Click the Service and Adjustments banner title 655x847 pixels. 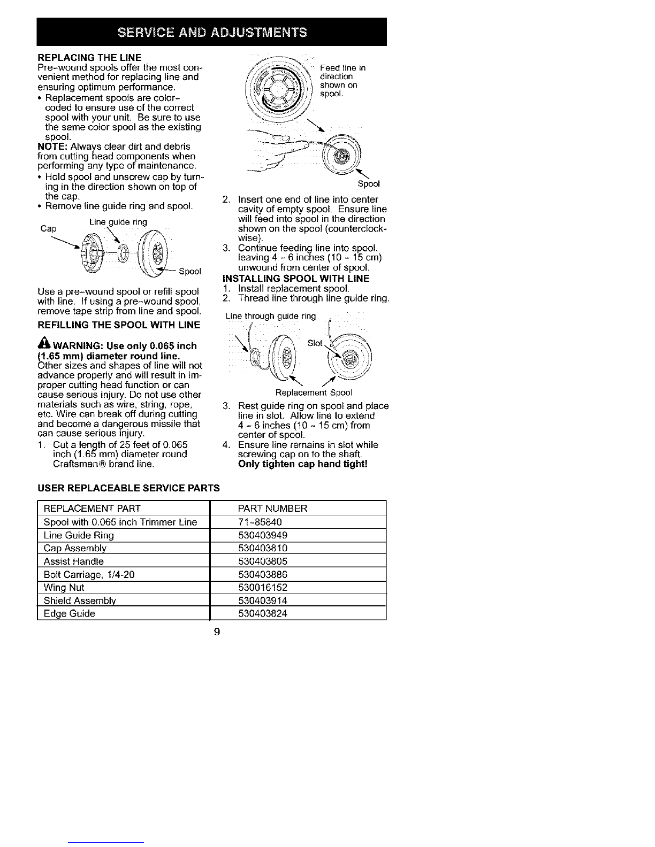pyautogui.click(x=211, y=32)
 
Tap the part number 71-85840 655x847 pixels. pyautogui.click(x=260, y=522)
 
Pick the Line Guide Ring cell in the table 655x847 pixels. pyautogui.click(x=79, y=535)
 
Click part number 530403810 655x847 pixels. pyautogui.click(x=263, y=548)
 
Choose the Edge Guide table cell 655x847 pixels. pyautogui.click(x=70, y=613)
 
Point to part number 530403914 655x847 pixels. pyautogui.click(x=263, y=600)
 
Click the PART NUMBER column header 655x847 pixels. pyautogui.click(x=272, y=508)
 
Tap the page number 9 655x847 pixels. pyautogui.click(x=217, y=633)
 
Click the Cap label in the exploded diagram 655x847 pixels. pyautogui.click(x=48, y=228)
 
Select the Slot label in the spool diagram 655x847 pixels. pyautogui.click(x=315, y=343)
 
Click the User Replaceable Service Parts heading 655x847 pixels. pyautogui.click(x=128, y=488)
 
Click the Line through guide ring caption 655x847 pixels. pyautogui.click(x=271, y=316)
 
